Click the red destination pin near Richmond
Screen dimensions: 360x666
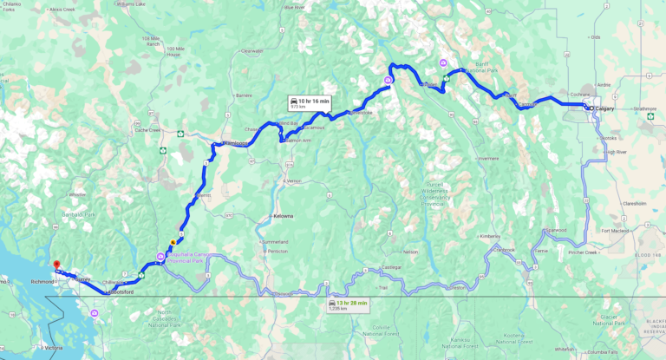(x=55, y=265)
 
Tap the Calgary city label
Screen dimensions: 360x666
(x=605, y=108)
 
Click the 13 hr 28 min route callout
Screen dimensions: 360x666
(x=349, y=304)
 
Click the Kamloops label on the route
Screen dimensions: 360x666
(x=231, y=143)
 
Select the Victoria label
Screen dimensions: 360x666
(x=53, y=348)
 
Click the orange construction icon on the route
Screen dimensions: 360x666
(x=173, y=242)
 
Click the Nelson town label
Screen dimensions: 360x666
(x=411, y=252)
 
